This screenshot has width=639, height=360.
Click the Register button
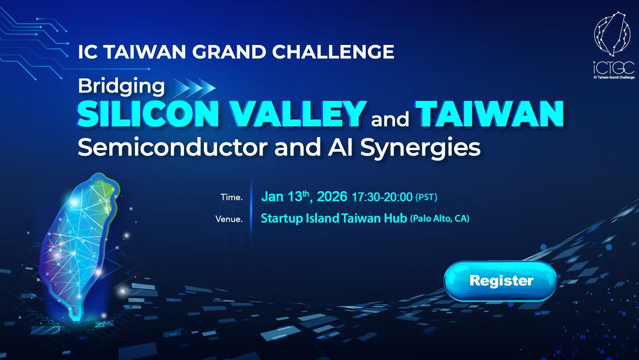click(x=500, y=281)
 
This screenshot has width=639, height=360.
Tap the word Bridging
click(x=121, y=87)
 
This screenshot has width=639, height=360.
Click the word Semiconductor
click(x=172, y=147)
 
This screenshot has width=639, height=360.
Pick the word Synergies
click(x=420, y=148)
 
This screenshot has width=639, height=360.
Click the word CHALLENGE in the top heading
click(x=333, y=52)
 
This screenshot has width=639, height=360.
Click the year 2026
click(x=332, y=196)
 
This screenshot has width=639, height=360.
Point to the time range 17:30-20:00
click(x=382, y=197)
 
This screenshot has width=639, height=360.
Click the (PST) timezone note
click(x=426, y=197)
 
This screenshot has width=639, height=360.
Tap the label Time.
click(x=232, y=197)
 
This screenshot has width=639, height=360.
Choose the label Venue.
click(x=229, y=219)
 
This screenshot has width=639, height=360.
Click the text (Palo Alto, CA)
click(x=440, y=219)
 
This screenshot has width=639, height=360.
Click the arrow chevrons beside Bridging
click(x=194, y=88)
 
